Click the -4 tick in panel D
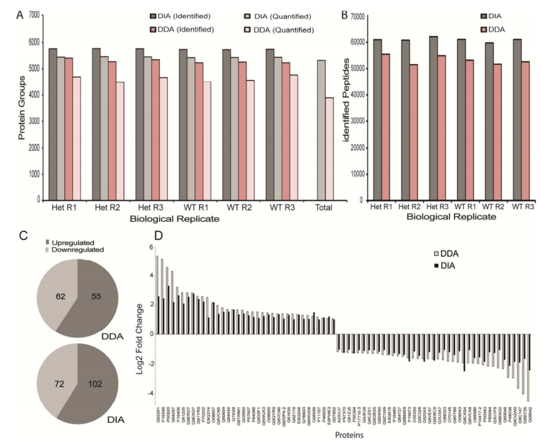(150, 394)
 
